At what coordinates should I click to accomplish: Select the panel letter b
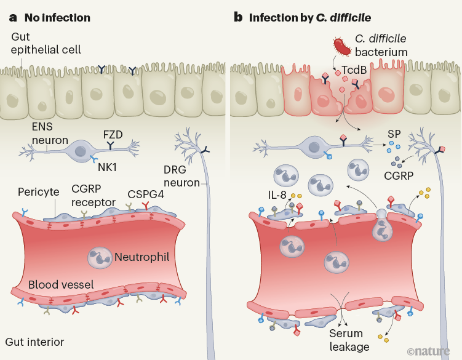(x=238, y=17)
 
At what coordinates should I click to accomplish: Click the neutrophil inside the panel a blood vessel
(x=98, y=258)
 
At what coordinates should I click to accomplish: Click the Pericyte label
(x=38, y=191)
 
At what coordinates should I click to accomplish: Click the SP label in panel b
(x=394, y=133)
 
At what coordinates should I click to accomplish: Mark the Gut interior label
(x=34, y=342)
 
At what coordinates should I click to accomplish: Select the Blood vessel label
(x=61, y=285)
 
